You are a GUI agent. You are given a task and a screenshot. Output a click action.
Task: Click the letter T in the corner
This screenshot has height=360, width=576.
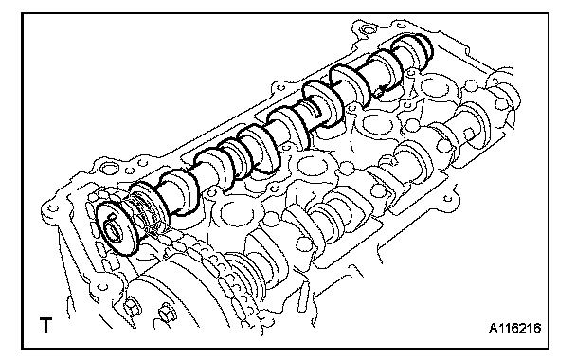45,325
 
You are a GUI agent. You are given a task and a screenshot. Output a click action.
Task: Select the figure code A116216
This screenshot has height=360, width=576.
514,328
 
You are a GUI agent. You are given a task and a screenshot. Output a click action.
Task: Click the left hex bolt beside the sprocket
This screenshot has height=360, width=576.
131,304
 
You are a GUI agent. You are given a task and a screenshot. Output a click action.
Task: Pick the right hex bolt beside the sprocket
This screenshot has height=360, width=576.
167,312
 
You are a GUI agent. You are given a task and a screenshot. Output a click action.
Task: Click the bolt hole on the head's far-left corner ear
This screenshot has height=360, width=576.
54,208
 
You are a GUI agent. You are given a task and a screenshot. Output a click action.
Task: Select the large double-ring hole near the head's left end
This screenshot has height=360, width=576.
110,169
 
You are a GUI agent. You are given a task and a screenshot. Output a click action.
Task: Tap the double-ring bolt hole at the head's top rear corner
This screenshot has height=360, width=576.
365,28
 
